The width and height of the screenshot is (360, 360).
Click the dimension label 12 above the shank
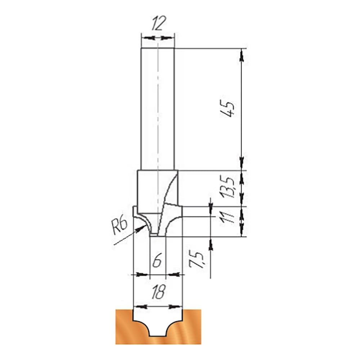tap(159, 23)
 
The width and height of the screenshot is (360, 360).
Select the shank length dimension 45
tap(227, 108)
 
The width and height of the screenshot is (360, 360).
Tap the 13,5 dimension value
tap(227, 186)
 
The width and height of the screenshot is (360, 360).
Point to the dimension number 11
tap(227, 217)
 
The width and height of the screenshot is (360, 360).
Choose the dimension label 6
tap(157, 260)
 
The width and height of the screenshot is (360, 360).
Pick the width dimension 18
tap(158, 292)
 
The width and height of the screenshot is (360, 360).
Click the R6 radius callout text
tap(119, 226)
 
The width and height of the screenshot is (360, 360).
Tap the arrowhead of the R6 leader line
tap(140, 229)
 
